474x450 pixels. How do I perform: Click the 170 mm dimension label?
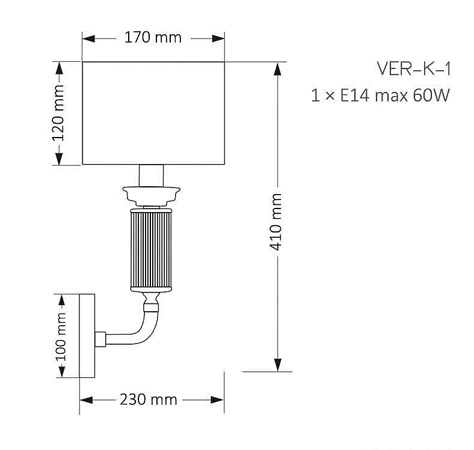[153, 38]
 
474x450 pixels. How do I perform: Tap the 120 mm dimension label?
[58, 112]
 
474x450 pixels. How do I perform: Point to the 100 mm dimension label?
[61, 336]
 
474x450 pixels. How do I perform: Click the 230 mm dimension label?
[148, 400]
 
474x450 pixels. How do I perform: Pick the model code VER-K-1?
[413, 68]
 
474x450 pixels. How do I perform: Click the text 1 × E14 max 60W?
[380, 95]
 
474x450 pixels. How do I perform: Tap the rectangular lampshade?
[153, 112]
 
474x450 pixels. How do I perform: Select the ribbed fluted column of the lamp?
[152, 249]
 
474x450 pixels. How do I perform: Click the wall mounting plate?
[88, 336]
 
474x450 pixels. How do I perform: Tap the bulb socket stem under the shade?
[152, 175]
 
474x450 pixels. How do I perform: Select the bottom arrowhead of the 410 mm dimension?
[277, 364]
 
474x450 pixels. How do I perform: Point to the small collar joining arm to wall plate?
[102, 339]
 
